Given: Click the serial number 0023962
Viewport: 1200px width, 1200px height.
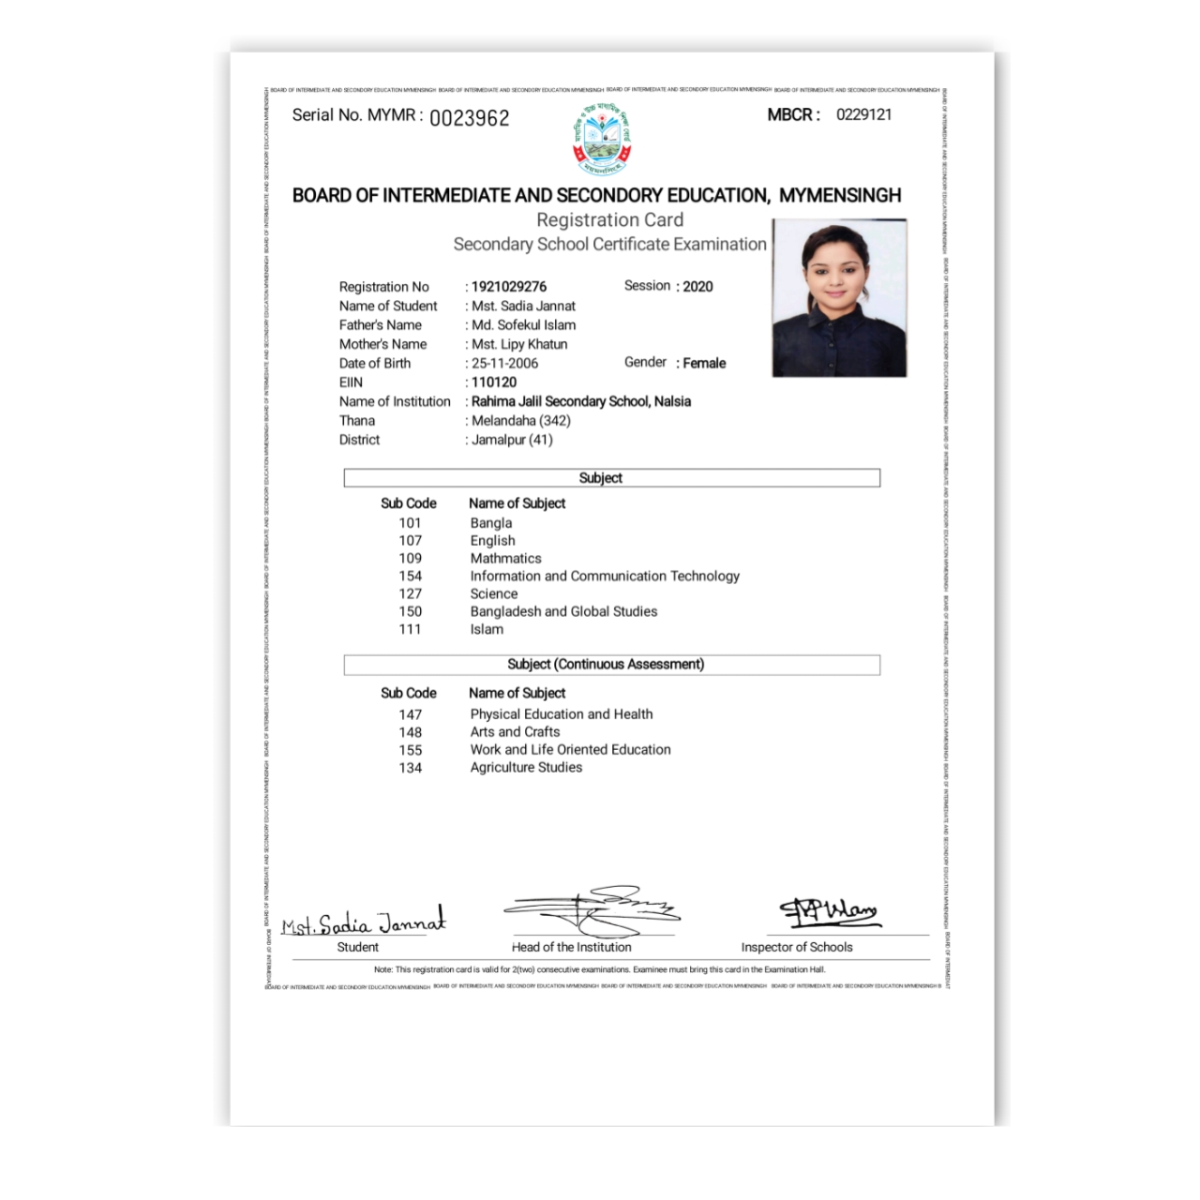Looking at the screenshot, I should click(469, 118).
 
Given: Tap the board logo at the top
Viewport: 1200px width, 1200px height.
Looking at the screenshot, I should click(601, 140).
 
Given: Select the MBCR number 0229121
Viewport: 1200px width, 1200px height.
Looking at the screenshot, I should click(863, 114).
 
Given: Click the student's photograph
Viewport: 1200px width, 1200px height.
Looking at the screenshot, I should click(839, 298).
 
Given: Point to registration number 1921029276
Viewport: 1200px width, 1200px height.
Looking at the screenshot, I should click(509, 287).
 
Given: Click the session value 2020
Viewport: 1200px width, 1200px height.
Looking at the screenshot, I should click(697, 287).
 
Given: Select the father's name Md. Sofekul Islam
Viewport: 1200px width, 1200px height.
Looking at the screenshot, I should click(523, 325).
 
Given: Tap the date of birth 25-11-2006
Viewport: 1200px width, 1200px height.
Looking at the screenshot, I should click(504, 364).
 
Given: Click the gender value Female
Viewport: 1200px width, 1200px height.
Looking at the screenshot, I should click(704, 364).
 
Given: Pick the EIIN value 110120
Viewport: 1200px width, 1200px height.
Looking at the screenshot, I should click(494, 382).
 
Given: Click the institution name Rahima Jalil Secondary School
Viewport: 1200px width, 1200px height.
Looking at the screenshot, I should click(580, 401).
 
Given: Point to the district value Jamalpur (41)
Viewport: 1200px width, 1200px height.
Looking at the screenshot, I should click(512, 440).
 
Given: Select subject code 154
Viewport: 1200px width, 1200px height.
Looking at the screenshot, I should click(410, 577).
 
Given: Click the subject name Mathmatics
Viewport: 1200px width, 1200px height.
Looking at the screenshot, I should click(505, 559).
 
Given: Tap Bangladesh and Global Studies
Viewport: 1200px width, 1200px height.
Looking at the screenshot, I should click(563, 612).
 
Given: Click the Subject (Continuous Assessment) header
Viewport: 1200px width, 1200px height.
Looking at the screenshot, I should click(606, 665).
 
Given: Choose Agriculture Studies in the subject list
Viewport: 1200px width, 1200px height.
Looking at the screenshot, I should click(526, 768).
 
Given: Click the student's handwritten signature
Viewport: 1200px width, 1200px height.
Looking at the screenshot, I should click(365, 922).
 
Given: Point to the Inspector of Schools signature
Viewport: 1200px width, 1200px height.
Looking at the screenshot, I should click(828, 910).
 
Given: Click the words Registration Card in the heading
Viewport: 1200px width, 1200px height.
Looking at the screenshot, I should click(609, 220).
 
